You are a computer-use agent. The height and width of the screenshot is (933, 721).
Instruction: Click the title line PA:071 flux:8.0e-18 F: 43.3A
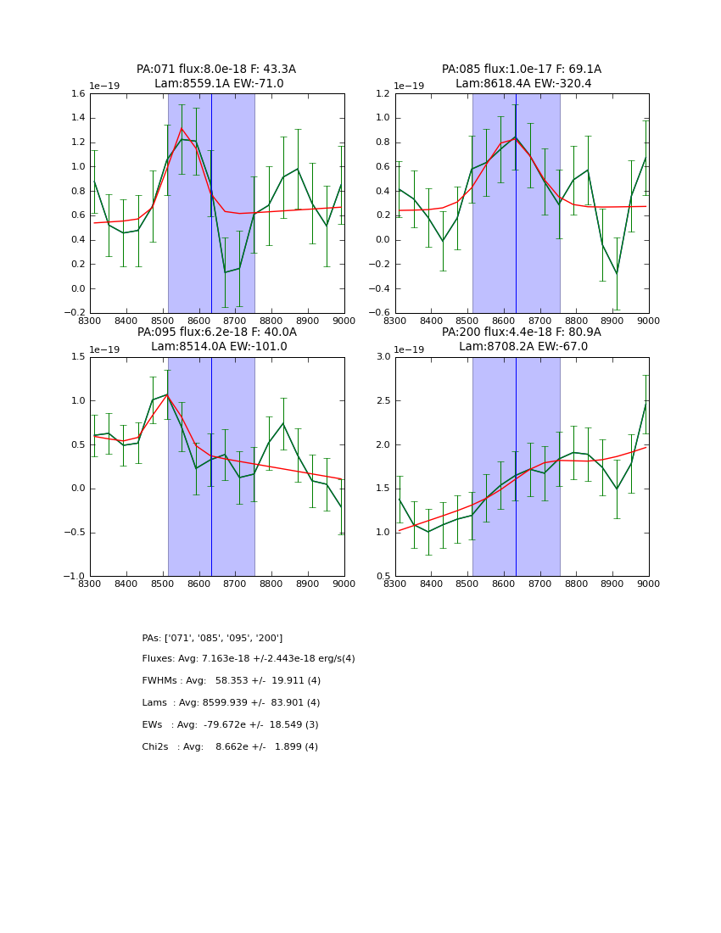pos(216,70)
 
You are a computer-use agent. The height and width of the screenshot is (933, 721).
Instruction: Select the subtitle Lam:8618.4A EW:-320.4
pos(522,84)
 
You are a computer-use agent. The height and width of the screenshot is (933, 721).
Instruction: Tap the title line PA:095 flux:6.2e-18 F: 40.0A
pos(216,332)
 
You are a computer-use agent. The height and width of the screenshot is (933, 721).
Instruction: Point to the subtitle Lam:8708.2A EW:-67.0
pos(522,346)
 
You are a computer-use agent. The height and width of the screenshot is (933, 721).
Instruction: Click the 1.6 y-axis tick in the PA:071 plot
pos(77,94)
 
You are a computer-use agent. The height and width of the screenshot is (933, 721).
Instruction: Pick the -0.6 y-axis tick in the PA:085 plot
pos(380,313)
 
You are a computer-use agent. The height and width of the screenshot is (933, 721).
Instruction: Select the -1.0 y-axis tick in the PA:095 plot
pos(75,577)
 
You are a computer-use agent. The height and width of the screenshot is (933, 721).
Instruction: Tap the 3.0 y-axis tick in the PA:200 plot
pos(383,357)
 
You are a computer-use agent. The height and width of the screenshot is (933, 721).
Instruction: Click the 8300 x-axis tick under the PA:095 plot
pos(90,584)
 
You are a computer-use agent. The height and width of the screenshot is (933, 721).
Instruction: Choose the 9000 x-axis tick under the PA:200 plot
pos(649,584)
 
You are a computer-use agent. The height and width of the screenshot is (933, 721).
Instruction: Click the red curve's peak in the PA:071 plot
pos(182,128)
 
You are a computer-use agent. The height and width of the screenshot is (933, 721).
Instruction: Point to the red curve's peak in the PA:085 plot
pos(515,138)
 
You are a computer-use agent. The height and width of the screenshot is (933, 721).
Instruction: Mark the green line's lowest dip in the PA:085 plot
pos(617,274)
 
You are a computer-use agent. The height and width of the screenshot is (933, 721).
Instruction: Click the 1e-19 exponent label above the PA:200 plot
pos(410,349)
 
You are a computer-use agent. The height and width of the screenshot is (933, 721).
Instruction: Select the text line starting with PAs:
pos(212,638)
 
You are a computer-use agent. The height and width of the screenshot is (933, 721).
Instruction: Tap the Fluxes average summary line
pos(249,659)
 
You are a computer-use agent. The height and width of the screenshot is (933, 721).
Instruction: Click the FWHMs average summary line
pos(231,681)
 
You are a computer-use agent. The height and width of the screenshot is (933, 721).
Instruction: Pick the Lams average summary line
pos(231,703)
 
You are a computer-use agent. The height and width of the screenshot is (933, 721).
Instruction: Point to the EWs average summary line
pos(230,725)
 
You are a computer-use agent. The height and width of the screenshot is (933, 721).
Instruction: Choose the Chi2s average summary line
pos(230,747)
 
